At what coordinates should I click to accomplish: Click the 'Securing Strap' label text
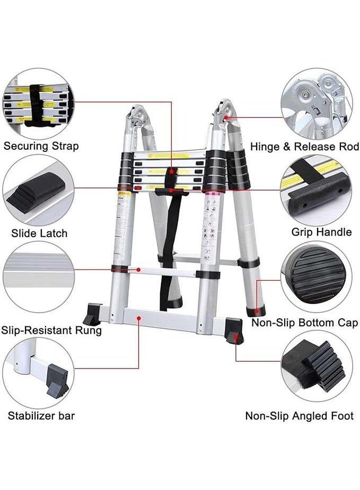tap(41, 146)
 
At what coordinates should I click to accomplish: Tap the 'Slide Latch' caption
tap(39, 233)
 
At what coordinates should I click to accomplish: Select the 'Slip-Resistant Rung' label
tap(51, 331)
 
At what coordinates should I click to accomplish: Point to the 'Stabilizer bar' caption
tap(41, 415)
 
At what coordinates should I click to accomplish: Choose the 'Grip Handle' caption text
tap(321, 232)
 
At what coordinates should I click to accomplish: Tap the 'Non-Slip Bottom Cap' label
tap(305, 323)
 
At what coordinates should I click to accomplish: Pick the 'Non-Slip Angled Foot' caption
tap(299, 416)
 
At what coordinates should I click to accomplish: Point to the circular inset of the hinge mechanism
tap(316, 103)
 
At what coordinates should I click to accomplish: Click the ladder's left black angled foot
tap(93, 314)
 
